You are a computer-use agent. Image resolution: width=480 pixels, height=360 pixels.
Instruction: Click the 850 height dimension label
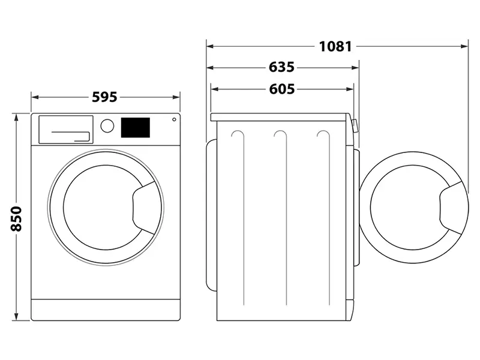[16, 219]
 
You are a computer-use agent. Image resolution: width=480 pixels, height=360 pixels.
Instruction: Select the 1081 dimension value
[335, 46]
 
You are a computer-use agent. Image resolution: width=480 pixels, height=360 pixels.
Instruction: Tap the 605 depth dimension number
[281, 89]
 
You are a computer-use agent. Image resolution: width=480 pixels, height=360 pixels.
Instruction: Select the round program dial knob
[107, 126]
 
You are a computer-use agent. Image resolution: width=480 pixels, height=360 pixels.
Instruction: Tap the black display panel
[136, 127]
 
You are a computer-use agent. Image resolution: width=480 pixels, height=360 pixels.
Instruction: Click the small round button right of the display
[174, 119]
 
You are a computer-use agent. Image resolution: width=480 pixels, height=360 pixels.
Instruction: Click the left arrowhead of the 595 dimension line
[34, 97]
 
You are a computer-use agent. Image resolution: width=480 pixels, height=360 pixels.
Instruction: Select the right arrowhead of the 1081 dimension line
[465, 46]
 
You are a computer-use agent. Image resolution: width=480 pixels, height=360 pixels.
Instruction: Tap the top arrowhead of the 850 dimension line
[16, 116]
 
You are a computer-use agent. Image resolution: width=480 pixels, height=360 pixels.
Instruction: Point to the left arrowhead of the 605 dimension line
[214, 89]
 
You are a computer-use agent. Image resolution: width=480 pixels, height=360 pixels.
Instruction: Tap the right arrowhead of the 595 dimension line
[178, 97]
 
